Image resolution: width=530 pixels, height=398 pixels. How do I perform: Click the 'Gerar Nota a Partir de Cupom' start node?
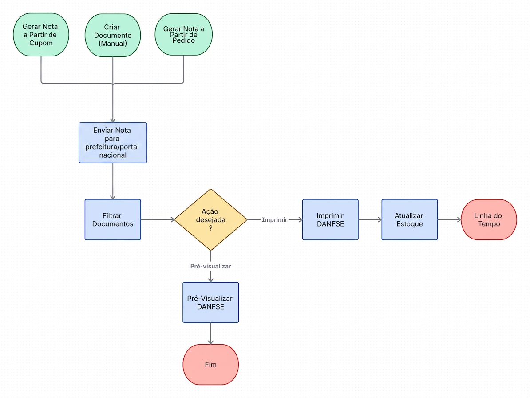coord(41,35)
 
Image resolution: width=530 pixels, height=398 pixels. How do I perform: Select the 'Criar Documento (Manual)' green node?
coord(113,35)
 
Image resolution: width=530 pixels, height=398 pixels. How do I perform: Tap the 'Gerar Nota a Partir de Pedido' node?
coord(183,35)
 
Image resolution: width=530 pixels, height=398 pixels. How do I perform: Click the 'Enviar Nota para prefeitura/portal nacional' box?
coord(113,143)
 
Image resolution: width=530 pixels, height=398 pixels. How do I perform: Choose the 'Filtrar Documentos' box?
coord(113,219)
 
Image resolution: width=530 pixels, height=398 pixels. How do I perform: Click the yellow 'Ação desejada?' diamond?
coord(210,219)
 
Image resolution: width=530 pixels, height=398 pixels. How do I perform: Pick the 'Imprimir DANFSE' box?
coord(330,219)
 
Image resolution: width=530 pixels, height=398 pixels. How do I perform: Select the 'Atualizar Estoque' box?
coord(410,219)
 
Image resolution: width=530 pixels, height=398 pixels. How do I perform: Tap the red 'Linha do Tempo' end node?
coord(489,219)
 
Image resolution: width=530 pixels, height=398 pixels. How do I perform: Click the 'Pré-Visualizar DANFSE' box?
coord(210,302)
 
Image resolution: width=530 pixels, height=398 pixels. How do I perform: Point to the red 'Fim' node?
coord(210,365)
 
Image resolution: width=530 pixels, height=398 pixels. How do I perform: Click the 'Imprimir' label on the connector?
coord(274,220)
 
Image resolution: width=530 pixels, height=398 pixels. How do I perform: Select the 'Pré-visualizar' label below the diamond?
coord(210,266)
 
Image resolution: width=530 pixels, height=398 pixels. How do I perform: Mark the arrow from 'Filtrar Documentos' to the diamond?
coord(158,220)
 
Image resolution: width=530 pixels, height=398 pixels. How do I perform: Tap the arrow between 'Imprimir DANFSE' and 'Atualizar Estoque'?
coord(370,220)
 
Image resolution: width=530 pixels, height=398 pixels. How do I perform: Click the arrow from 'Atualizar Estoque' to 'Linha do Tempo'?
coord(450,220)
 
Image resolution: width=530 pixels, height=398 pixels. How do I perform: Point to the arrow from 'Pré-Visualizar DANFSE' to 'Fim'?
coord(210,334)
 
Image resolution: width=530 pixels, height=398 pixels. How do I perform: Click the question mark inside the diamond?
coord(210,228)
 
